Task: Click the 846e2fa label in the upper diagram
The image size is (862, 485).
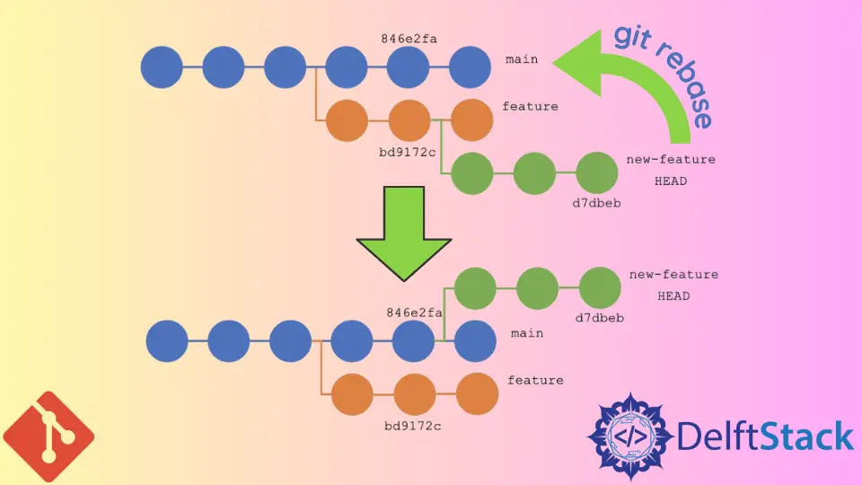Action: (x=409, y=39)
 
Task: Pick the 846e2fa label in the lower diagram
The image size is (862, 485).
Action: (x=414, y=313)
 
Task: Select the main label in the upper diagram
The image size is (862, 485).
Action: (x=522, y=59)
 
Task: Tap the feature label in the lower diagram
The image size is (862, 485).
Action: (x=535, y=380)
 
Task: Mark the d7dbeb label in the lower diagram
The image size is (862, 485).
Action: (x=598, y=317)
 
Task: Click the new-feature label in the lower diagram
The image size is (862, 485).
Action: (x=673, y=275)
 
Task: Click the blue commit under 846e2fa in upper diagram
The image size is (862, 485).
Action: (x=409, y=67)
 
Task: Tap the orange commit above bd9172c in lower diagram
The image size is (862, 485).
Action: (x=415, y=394)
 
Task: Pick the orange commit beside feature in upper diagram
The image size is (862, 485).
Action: (x=471, y=120)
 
